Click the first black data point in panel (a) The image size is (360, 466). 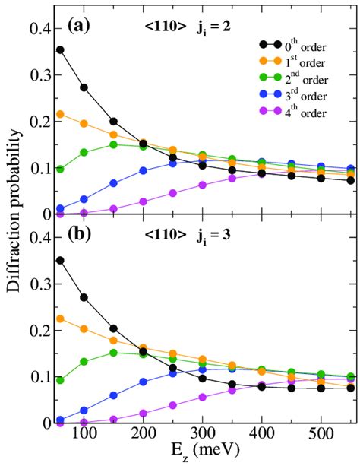click(x=60, y=50)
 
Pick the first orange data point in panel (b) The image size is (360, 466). click(x=60, y=319)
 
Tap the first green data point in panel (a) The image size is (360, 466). click(x=60, y=169)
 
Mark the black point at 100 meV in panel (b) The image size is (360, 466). click(x=84, y=297)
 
